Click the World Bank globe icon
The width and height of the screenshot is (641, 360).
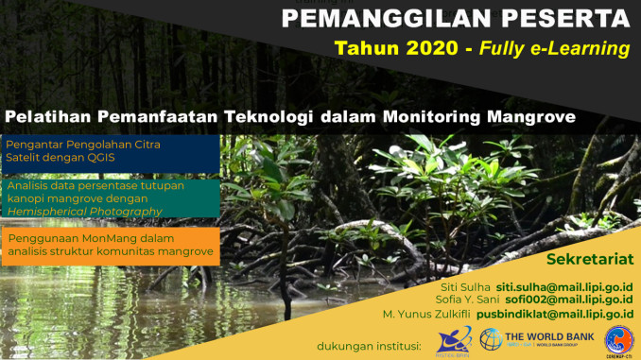tap(492, 338)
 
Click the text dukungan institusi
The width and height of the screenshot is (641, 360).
tap(370, 346)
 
